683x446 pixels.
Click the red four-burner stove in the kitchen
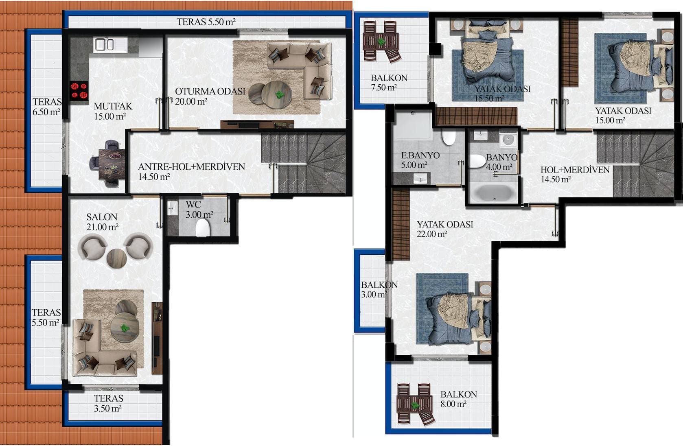tap(79, 91)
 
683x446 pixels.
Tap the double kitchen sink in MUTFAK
tap(104, 44)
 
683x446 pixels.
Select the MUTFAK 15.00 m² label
tap(113, 111)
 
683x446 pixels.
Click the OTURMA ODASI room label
tap(210, 92)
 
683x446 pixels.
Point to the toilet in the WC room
tap(202, 227)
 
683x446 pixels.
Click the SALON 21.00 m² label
tap(102, 222)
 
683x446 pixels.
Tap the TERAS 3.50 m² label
tap(108, 403)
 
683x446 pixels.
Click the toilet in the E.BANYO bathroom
tap(449, 138)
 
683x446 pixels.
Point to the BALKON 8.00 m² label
tap(458, 399)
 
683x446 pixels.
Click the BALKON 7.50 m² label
tap(389, 83)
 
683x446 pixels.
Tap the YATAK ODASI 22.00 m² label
tap(444, 229)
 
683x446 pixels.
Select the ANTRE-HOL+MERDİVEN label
tap(191, 167)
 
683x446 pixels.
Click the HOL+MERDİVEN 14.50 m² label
tap(575, 175)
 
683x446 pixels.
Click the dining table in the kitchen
tap(112, 164)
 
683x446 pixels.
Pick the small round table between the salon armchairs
tap(116, 258)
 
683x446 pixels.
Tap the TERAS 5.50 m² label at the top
tap(206, 22)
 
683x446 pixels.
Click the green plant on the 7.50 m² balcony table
tap(381, 42)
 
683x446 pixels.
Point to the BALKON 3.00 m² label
tap(379, 290)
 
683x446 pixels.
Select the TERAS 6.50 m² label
tap(47, 107)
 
